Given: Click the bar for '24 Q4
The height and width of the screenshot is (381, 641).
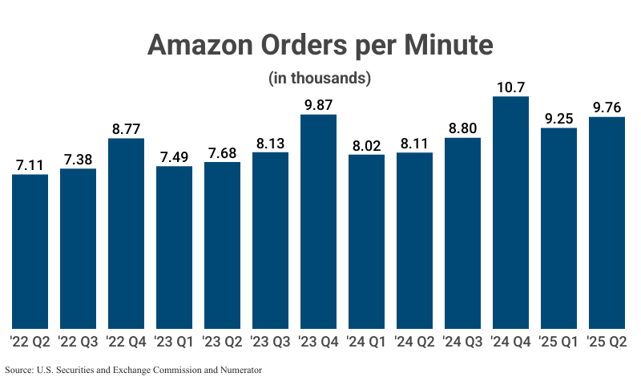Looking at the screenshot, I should [x=510, y=213].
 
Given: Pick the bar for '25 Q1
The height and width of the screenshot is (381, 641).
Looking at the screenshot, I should [x=558, y=228].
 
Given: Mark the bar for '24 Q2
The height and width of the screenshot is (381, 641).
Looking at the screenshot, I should [x=414, y=240].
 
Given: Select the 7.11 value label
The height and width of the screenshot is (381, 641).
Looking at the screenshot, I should [x=30, y=164].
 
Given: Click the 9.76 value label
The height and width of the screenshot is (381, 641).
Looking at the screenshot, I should [x=607, y=107].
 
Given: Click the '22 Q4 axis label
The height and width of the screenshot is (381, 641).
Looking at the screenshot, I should [x=126, y=342].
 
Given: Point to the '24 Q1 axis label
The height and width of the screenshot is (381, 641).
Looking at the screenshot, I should [x=366, y=342].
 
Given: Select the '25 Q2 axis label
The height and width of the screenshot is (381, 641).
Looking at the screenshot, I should [x=607, y=342].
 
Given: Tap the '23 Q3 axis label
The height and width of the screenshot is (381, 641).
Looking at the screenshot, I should [x=270, y=342].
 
